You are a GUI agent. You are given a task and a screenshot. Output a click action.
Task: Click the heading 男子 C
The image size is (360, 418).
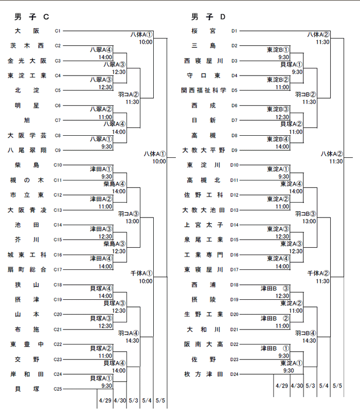tap(32, 17)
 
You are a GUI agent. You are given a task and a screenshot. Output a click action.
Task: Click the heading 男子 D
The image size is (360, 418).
tap(208, 17)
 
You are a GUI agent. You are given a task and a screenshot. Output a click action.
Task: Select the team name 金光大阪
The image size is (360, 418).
tap(27, 61)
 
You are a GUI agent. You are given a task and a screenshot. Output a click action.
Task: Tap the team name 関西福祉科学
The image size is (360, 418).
tap(204, 90)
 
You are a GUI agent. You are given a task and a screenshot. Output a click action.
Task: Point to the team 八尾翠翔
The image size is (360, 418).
tap(27, 150)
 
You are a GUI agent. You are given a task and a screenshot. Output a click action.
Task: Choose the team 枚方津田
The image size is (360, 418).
tap(204, 374)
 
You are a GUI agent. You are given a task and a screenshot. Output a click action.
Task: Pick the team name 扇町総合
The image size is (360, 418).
tap(27, 270)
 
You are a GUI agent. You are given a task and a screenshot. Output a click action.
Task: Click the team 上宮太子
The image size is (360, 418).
tap(204, 225)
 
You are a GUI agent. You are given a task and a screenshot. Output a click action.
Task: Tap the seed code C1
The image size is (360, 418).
tap(58, 31)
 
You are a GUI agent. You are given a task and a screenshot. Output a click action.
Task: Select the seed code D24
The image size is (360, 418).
tap(235, 374)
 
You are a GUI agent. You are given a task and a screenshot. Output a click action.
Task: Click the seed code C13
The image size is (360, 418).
tap(58, 210)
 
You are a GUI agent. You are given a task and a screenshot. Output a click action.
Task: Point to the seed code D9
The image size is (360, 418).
tap(235, 150)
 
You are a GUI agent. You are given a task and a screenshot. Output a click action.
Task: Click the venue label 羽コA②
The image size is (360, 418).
tap(129, 95)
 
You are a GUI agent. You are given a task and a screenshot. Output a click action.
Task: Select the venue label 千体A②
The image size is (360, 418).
tap(318, 273)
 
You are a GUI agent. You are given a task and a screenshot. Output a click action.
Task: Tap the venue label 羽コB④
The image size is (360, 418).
tap(305, 333)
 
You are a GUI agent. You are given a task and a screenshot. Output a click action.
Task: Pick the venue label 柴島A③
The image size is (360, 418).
tap(114, 244)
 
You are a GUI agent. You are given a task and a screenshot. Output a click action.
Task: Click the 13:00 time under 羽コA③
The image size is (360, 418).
tap(132, 221)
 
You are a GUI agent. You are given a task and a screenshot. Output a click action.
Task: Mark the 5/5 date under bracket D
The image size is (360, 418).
tap(337, 386)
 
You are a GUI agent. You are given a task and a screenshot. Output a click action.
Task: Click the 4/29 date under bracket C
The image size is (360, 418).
tap(105, 401)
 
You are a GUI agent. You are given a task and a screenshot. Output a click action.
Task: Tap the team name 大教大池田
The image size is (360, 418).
tap(204, 210)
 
